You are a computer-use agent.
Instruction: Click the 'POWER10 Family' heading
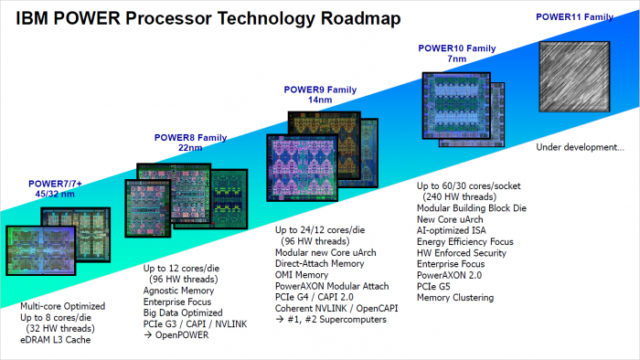[455, 48]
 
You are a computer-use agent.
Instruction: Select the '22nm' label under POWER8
[189, 148]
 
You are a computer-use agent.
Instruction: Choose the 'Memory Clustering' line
[454, 297]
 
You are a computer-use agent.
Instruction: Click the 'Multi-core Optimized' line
[62, 306]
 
